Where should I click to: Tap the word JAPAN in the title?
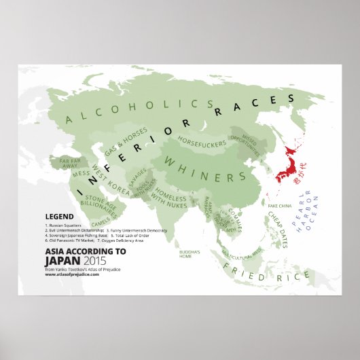[x=61, y=258]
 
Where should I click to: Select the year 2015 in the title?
[x=95, y=258]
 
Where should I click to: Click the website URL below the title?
[x=71, y=273]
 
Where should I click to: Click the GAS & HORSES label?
[x=124, y=142]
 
